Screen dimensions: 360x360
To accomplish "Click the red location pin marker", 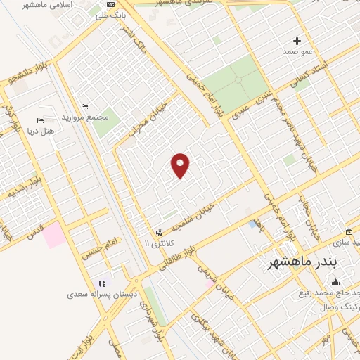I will tap(181, 165).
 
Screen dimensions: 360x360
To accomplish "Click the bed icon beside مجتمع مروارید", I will tap(85, 106).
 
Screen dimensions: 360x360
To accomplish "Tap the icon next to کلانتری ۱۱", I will tap(159, 231).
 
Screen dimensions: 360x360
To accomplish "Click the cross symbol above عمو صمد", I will tap(297, 41).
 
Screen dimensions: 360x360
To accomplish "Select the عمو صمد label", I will tap(297, 52).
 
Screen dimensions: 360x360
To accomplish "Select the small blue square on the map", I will tap(252, 224).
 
